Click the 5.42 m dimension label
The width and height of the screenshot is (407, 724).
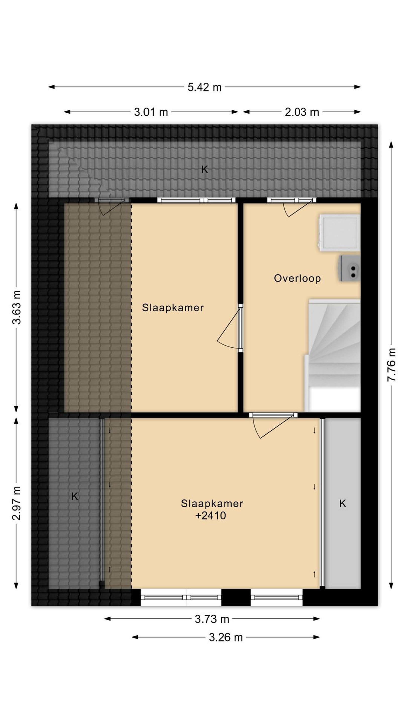tap(205, 87)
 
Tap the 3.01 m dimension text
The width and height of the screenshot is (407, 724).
tap(151, 112)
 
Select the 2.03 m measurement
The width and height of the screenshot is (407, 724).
tap(302, 112)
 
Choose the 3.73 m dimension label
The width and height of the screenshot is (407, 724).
tap(212, 619)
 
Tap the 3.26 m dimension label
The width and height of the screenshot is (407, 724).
tap(226, 638)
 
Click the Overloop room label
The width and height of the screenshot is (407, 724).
tap(297, 278)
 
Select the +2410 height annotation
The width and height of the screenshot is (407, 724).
tap(211, 516)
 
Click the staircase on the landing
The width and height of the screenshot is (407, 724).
tap(333, 355)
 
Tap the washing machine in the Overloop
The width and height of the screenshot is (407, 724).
tap(340, 233)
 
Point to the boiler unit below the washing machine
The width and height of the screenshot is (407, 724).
tap(350, 268)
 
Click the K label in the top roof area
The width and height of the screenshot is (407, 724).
tap(205, 169)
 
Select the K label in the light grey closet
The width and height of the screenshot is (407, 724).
tap(342, 503)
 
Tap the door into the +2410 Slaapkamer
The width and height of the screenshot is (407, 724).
tap(273, 426)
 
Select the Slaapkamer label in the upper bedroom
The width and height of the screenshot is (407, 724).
tap(173, 307)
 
